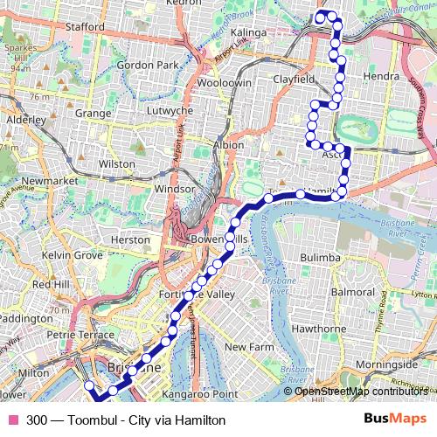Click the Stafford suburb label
click(x=85, y=27)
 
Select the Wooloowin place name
click(x=225, y=82)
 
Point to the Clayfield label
click(x=292, y=79)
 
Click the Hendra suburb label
click(x=380, y=77)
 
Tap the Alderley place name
click(x=25, y=119)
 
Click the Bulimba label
click(x=319, y=258)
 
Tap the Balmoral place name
click(x=353, y=290)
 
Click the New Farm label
click(x=244, y=347)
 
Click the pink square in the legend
click(x=12, y=420)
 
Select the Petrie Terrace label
click(x=80, y=334)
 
